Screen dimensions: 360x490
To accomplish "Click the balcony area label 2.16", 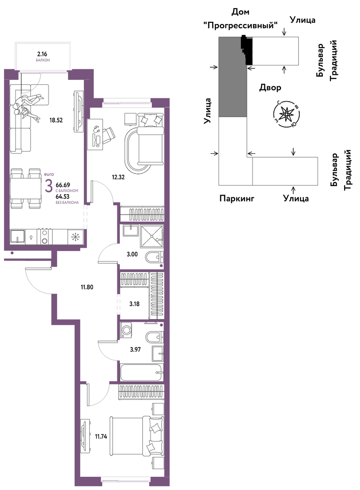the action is pos(42,54).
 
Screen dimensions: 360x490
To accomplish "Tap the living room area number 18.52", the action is pos(56,120).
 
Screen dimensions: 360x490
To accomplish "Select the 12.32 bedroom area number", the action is pos(118,177).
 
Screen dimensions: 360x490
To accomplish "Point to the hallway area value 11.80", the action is pos(87,287).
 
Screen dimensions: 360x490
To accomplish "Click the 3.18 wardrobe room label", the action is pos(134,304).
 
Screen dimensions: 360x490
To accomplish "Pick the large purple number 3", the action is pos(49,187).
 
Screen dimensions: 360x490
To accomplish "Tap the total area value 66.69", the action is pos(63,185).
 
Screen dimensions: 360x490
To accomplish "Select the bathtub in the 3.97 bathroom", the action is pos(141,372).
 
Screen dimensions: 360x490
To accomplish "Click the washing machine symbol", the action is pos(127,331).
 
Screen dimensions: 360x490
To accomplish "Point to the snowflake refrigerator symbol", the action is pos(75,237).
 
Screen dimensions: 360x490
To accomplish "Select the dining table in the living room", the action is pos(25,188).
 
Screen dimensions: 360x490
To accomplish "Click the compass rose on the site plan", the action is pos(286,114).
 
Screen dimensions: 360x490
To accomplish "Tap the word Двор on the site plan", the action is pos(270,88).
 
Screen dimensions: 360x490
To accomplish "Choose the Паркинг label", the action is pos(237,198).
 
